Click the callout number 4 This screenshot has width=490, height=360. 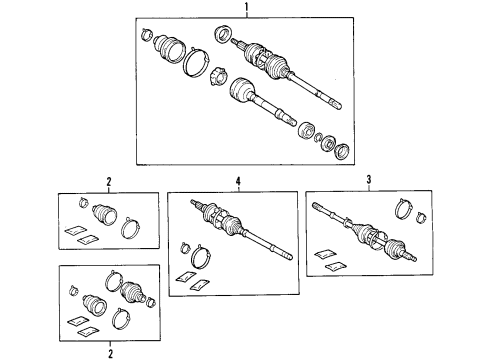[239, 182]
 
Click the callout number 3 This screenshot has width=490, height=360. [369, 180]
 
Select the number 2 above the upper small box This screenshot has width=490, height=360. [108, 182]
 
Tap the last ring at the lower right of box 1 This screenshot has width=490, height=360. [339, 149]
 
